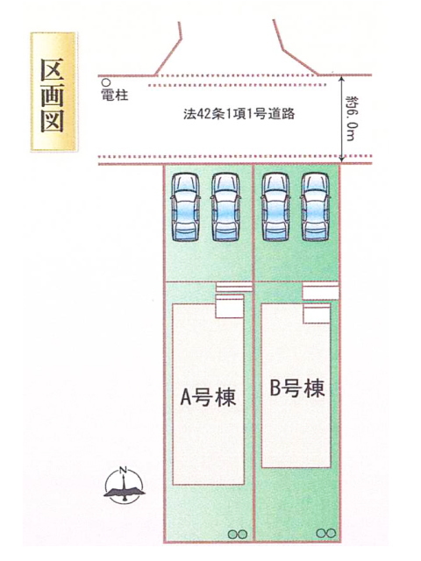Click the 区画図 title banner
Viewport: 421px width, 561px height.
pos(54,91)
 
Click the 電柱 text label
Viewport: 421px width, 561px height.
pos(115,95)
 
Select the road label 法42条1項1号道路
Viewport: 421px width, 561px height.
pos(239,114)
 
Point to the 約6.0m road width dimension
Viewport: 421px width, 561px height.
pos(352,118)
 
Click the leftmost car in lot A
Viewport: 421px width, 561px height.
pos(185,207)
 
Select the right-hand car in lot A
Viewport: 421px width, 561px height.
pos(225,207)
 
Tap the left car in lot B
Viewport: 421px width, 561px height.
pos(275,207)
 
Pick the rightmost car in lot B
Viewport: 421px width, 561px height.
pos(315,207)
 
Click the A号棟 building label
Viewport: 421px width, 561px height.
pos(209,397)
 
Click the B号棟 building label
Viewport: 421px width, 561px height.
pos(297,387)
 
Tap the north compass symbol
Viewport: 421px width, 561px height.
pos(125,485)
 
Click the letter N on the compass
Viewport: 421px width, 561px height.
pos(124,470)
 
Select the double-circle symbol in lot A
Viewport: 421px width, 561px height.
pos(238,534)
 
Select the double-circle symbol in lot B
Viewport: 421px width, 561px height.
pos(326,533)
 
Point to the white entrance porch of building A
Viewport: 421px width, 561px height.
pos(230,307)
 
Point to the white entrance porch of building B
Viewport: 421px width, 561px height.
pos(317,314)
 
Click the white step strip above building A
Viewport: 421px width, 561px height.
pos(234,287)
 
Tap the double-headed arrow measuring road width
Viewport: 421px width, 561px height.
pos(342,119)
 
